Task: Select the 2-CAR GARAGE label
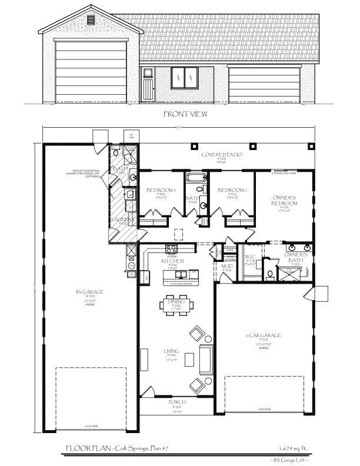[263, 335]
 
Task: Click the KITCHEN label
[173, 261]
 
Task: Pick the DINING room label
[176, 302]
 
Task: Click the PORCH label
[177, 402]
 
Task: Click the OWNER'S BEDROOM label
[285, 200]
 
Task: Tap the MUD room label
[227, 266]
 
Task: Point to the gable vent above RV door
[91, 19]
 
